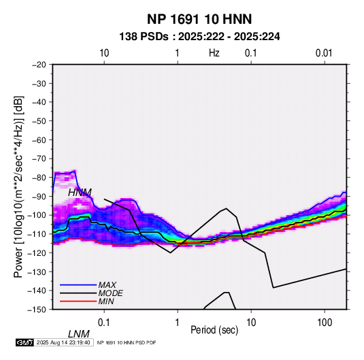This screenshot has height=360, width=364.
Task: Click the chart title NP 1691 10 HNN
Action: pos(199,19)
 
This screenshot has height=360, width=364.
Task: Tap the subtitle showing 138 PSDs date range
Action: pos(199,37)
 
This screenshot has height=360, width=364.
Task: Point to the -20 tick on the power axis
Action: pos(39,65)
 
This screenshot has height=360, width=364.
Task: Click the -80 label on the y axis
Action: pos(39,178)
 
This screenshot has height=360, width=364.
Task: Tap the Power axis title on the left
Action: pos(18,187)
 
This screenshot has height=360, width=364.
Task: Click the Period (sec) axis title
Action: pos(214,330)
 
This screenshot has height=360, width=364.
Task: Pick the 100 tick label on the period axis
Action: pos(325,323)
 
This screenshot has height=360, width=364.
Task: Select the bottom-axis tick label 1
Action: pos(178,323)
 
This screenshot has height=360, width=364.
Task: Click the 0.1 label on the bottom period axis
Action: pos(104,323)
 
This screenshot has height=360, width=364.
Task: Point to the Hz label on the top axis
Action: pos(214,53)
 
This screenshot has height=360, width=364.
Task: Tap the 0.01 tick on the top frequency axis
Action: pos(324,53)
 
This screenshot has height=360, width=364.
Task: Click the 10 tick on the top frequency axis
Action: pos(104,53)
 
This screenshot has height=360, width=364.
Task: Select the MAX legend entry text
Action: pos(107,285)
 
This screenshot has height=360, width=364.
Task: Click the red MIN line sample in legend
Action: pos(78,301)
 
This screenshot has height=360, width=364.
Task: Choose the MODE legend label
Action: pos(110,293)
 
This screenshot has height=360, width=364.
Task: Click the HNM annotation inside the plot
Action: pos(80,193)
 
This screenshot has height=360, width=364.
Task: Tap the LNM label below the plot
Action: pos(79,334)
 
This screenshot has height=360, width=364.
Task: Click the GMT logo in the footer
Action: pos(24,342)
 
